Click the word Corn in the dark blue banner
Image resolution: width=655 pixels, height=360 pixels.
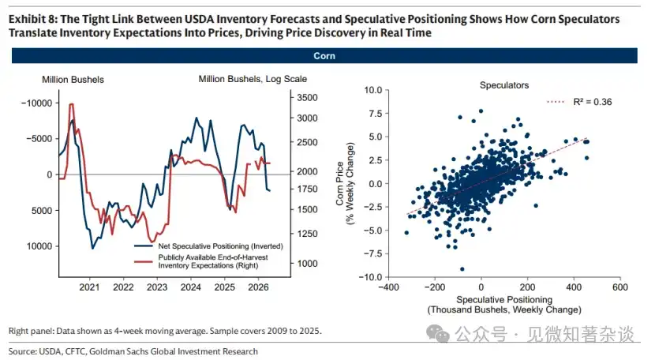click(324, 56)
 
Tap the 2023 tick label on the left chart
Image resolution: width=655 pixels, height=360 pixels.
click(157, 287)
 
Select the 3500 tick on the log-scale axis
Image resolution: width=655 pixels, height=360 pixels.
click(307, 98)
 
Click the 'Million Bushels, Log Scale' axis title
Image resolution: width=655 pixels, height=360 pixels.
click(253, 79)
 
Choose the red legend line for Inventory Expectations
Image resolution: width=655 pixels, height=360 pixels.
click(144, 262)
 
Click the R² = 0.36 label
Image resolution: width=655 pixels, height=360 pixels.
click(593, 102)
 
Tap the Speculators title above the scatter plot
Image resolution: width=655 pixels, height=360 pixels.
click(504, 85)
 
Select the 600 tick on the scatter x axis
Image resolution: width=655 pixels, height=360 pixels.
click(620, 287)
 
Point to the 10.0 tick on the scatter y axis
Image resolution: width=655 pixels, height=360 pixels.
click(373, 90)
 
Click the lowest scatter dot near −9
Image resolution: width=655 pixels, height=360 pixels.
click(462, 269)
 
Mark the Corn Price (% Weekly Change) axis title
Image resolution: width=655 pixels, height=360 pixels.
click(345, 184)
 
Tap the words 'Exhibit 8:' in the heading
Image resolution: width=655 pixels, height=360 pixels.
click(32, 19)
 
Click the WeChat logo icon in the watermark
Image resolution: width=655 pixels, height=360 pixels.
click(437, 334)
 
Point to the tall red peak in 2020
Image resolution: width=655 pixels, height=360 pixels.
click(72, 104)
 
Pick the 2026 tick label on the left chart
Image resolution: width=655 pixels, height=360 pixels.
click(258, 287)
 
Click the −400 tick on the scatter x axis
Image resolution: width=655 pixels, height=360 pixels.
click(388, 287)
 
